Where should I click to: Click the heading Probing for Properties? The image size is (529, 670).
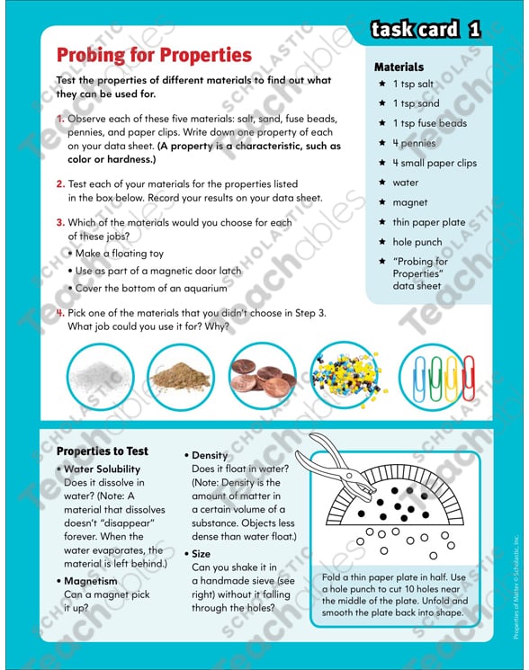pos(153,55)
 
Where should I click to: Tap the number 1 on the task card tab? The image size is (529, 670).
pos(473,30)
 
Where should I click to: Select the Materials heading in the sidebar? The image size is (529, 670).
pos(399,67)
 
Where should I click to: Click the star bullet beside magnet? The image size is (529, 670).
pos(382,202)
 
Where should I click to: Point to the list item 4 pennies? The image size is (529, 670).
pos(413,143)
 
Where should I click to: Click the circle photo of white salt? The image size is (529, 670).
pos(100,376)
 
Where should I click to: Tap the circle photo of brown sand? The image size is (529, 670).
pos(180,376)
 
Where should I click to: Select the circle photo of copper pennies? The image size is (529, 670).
pos(261,376)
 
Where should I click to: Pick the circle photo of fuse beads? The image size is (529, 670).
pos(343,376)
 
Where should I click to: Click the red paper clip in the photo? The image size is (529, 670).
pos(469,376)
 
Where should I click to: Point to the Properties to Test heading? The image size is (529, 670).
pos(102,451)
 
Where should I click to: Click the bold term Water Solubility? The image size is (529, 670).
pos(102,469)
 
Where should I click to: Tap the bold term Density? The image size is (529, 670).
pos(210,455)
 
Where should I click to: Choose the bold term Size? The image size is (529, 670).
pos(201,554)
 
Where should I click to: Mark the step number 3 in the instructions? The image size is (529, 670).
pos(60,222)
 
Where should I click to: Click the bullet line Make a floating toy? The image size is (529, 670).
pos(124,253)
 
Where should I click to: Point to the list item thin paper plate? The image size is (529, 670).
pos(428,222)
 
